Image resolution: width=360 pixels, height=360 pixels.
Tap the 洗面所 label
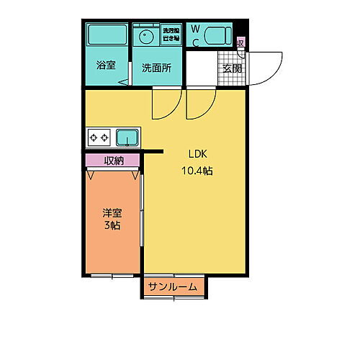tap(156, 69)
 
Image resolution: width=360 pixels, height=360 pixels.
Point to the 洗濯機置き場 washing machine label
tap(171, 32)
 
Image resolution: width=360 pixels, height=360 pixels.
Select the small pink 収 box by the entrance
tap(240, 42)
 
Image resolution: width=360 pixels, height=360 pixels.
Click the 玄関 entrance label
tap(232, 69)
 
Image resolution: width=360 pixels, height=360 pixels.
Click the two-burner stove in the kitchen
tap(99, 136)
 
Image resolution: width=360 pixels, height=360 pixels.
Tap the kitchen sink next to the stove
tap(127, 136)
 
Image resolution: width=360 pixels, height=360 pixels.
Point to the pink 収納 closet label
tap(112, 161)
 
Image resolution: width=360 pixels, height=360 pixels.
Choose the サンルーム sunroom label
tap(173, 287)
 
